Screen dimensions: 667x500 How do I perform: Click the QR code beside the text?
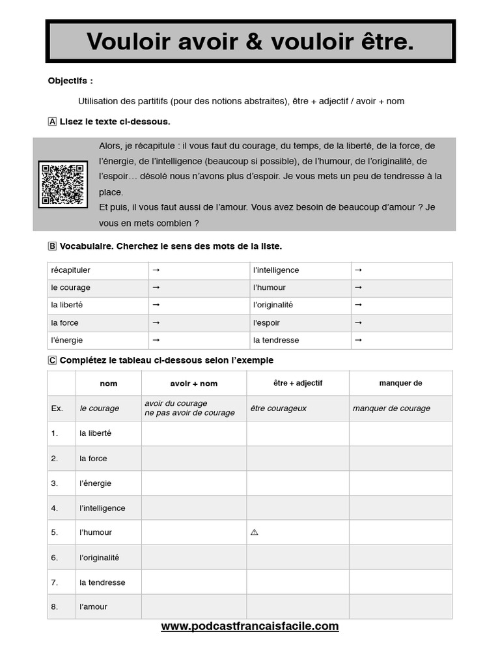(62, 184)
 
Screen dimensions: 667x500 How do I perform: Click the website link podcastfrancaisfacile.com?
(250, 626)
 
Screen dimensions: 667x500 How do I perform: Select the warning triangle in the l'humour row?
(254, 532)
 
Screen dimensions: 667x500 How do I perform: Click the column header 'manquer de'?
(400, 383)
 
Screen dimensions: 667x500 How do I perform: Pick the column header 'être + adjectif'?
(298, 383)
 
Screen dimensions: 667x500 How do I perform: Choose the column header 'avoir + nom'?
(194, 384)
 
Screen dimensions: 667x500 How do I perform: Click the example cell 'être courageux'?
(278, 408)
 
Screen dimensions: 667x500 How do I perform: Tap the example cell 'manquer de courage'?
(391, 408)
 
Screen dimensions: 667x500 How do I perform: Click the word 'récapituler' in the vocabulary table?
(70, 270)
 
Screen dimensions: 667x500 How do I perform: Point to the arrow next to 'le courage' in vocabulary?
(156, 287)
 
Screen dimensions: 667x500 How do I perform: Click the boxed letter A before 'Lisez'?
(52, 122)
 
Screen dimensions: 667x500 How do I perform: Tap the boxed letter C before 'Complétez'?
(52, 360)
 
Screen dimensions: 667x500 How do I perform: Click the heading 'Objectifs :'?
(70, 81)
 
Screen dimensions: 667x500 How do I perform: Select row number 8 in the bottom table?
(54, 606)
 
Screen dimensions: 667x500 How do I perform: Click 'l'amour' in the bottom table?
(93, 606)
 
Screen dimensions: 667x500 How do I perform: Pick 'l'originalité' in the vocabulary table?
(273, 305)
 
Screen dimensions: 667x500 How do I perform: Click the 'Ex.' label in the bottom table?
(57, 408)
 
